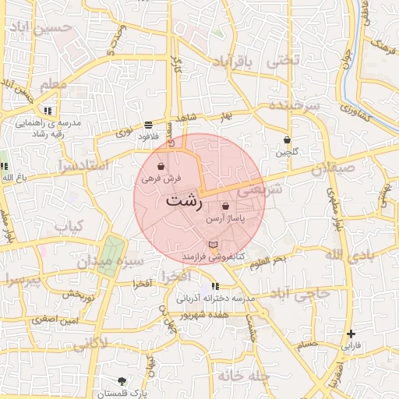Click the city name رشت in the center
[184, 199]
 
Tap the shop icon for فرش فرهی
[161, 167]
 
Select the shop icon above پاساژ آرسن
[225, 207]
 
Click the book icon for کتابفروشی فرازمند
[213, 245]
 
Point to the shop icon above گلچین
[287, 140]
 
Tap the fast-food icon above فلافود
[148, 125]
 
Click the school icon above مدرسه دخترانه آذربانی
[215, 286]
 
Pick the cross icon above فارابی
[351, 334]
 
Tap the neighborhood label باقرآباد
[234, 62]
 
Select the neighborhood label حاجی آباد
[300, 295]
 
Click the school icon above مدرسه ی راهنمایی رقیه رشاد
[48, 111]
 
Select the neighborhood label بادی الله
[344, 256]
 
